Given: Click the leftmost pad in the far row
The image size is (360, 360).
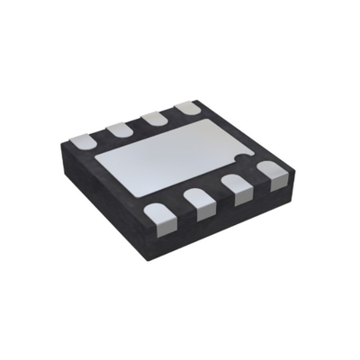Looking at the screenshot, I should [x=82, y=140].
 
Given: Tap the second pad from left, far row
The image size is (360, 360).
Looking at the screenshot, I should [x=118, y=129].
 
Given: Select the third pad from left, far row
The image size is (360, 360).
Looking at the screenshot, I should [x=154, y=118].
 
